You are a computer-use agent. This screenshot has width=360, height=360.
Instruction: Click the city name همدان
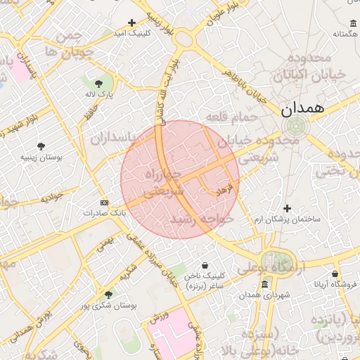[x=303, y=109]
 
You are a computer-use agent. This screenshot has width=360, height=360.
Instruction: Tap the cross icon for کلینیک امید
[x=131, y=23]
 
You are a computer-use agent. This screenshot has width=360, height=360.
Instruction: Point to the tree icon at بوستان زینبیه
[x=41, y=146]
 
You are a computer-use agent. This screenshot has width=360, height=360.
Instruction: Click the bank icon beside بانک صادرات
[x=105, y=202]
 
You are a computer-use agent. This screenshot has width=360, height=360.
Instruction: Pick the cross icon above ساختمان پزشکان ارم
[x=287, y=209]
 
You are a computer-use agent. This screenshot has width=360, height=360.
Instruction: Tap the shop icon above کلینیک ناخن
[x=205, y=266]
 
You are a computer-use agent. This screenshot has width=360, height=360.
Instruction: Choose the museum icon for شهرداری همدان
[x=264, y=284]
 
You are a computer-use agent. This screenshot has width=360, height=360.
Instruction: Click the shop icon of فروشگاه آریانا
[x=335, y=274]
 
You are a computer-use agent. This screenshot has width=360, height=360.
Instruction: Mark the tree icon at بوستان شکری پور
[x=108, y=295]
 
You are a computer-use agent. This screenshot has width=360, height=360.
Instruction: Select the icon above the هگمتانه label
[x=352, y=23]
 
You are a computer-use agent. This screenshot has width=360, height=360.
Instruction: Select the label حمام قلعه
[x=229, y=116]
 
